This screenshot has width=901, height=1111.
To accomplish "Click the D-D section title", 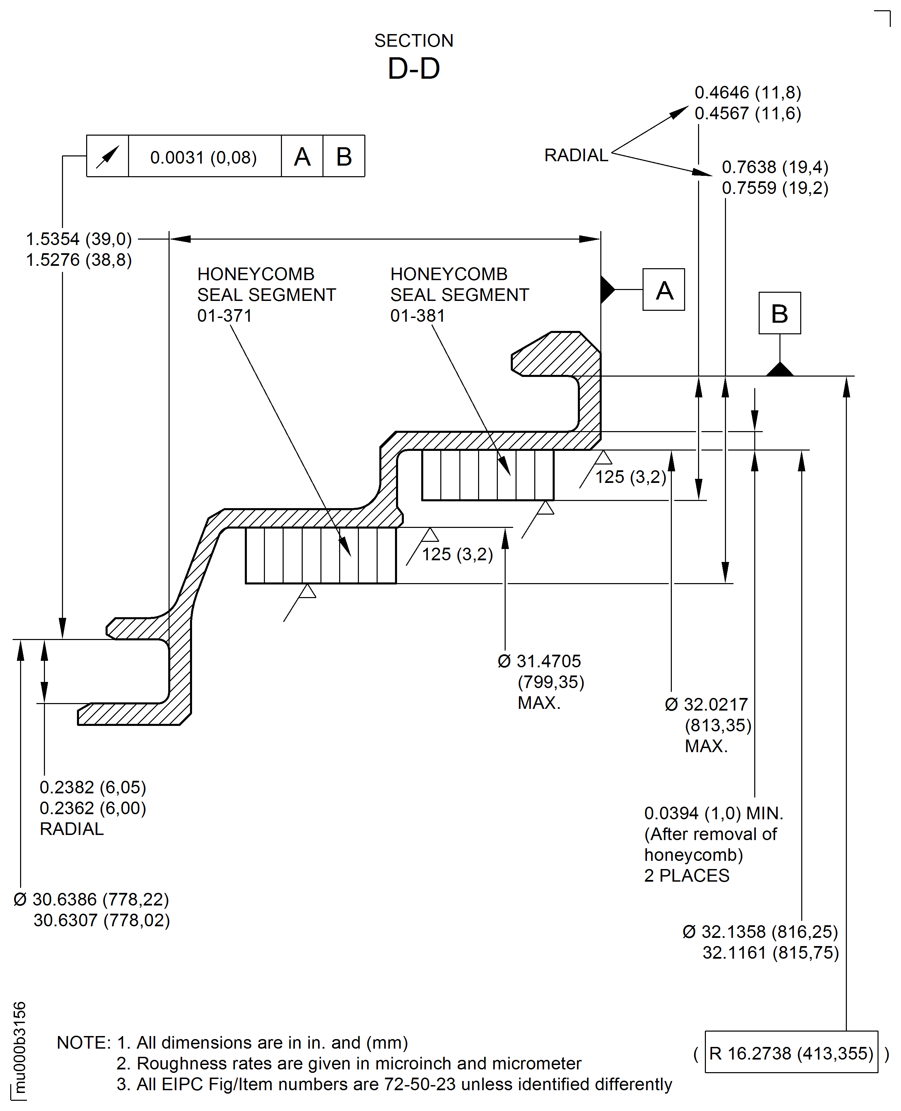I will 414,69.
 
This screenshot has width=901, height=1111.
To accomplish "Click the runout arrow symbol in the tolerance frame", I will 108,156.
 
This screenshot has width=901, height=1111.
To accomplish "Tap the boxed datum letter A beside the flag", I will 663,290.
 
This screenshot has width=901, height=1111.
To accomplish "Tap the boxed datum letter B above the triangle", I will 779,313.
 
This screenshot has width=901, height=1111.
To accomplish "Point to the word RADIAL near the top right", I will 575,155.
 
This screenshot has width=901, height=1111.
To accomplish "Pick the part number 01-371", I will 224,316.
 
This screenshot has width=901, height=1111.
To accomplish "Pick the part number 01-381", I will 417,316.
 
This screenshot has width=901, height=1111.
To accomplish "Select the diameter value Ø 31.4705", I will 539,661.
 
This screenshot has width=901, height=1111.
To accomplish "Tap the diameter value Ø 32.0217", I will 706,704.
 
